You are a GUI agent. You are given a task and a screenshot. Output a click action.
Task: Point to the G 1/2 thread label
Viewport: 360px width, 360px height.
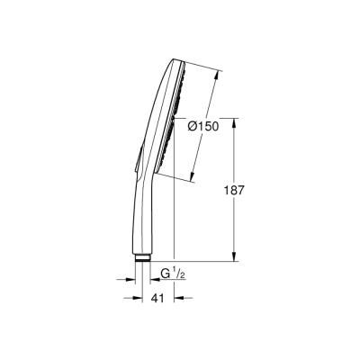coord(171,273)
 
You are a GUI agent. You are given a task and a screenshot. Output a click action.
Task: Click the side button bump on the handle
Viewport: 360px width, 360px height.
coord(134,163)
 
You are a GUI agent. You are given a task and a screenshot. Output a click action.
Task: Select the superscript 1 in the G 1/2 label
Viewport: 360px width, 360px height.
coord(175,268)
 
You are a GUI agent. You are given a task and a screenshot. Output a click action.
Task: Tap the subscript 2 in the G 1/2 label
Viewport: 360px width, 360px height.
coord(181,275)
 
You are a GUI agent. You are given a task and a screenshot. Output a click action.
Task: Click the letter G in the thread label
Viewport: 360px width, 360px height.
coord(165,273)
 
